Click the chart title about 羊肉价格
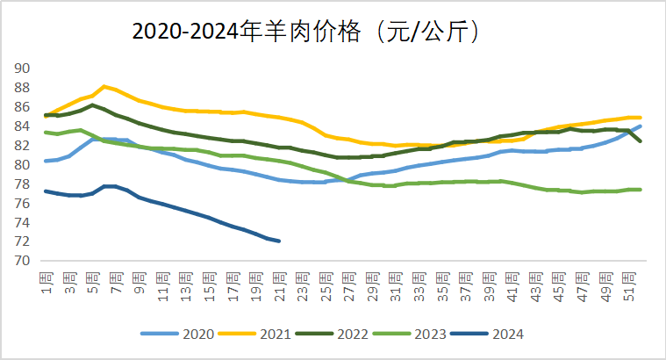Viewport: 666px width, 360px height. click(307, 32)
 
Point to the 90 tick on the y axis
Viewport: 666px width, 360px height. click(23, 68)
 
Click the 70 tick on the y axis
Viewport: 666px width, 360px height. click(23, 261)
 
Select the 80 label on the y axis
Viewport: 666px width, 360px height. click(23, 165)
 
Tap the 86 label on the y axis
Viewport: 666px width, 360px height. click(23, 107)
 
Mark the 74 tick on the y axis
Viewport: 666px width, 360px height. click(23, 223)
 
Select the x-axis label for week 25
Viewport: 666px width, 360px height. click(325, 284)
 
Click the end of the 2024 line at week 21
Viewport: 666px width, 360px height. click(279, 241)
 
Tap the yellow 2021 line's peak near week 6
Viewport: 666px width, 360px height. click(104, 86)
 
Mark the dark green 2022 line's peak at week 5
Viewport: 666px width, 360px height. click(93, 105)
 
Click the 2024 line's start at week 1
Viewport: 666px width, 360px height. click(46, 191)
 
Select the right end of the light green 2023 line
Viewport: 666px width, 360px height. click(640, 190)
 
